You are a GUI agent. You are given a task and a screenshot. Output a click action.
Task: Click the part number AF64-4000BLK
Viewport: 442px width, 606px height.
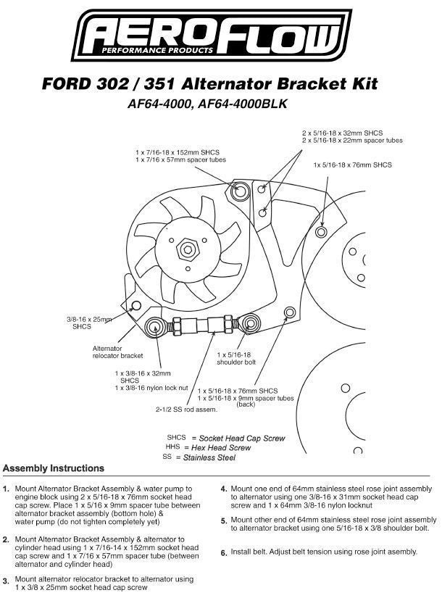point(251,104)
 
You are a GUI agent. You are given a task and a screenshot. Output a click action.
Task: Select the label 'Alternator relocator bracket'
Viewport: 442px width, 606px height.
point(117,352)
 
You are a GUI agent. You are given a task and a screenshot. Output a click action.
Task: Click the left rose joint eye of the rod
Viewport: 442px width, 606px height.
point(154,324)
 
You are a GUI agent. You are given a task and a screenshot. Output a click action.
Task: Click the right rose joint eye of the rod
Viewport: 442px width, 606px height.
point(250,322)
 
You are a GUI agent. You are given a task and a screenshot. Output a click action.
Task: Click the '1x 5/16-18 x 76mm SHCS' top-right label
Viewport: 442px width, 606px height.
point(352,165)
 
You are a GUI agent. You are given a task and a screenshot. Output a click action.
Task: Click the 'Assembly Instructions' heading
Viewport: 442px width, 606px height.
point(54,468)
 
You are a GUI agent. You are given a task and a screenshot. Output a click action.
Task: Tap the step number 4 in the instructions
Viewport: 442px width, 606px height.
point(225,489)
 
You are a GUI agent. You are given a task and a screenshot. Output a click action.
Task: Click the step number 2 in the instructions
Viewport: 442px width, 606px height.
point(6,540)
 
